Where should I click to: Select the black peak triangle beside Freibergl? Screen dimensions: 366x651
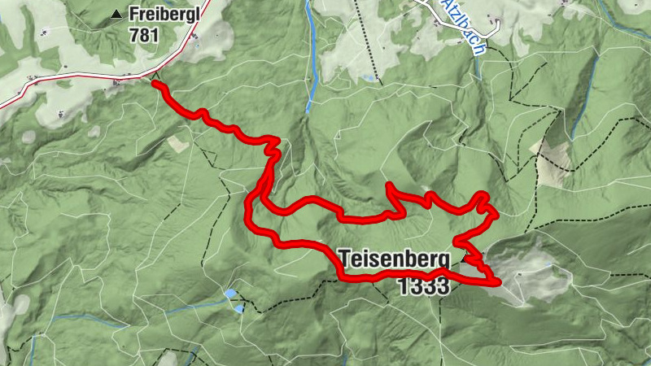tap(117, 14)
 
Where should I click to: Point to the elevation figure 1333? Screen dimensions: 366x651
tap(424, 285)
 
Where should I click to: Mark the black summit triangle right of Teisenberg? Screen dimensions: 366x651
tap(465, 258)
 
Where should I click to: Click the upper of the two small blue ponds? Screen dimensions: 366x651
tap(231, 293)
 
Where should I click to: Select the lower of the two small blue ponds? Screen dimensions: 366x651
tap(238, 308)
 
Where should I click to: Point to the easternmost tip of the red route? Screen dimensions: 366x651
tap(497, 281)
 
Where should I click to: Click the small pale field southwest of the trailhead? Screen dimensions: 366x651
tap(177, 143)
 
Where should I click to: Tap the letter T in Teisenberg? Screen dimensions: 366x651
tap(345, 259)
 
